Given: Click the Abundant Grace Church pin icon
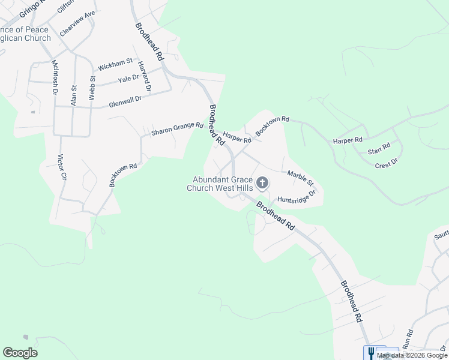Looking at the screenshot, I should (x=262, y=182).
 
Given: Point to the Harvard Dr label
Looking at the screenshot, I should (x=144, y=76).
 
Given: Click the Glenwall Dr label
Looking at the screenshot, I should (x=125, y=103).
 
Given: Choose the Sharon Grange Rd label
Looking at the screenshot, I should (x=177, y=128).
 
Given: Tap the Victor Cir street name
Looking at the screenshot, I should (x=61, y=167).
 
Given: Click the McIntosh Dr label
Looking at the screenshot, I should (x=54, y=77).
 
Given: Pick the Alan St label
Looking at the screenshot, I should (x=74, y=95).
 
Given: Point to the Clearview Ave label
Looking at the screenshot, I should (x=77, y=23).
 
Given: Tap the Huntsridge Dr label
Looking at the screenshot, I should (x=297, y=197).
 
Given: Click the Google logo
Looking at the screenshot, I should (x=20, y=353).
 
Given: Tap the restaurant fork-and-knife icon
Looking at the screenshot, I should (x=371, y=353).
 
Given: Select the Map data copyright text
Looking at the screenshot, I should (x=412, y=355).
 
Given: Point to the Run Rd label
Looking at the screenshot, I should (x=408, y=339).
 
